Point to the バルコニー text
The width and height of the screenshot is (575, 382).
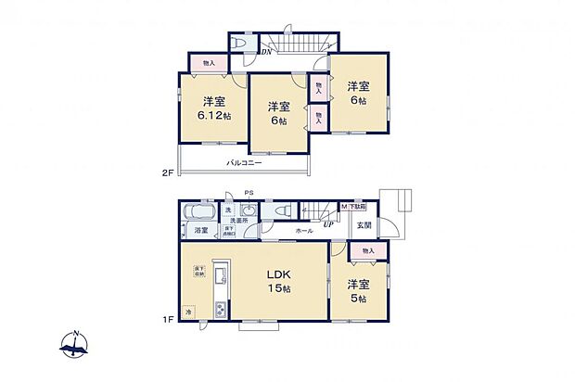244,163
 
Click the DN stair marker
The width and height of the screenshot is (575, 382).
266,52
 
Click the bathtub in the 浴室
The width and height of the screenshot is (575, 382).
199,210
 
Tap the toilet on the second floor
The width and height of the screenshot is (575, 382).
240,44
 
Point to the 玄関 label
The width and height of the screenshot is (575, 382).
363,225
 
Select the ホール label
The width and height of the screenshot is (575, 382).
303,230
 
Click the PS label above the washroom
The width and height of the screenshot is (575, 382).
248,193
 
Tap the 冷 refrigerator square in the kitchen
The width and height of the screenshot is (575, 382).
189,312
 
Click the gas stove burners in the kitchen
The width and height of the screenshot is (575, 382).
220,310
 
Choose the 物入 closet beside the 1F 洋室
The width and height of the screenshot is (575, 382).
368,250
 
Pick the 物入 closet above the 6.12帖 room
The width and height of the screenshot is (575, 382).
208,63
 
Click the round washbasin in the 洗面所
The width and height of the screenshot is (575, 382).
247,210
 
